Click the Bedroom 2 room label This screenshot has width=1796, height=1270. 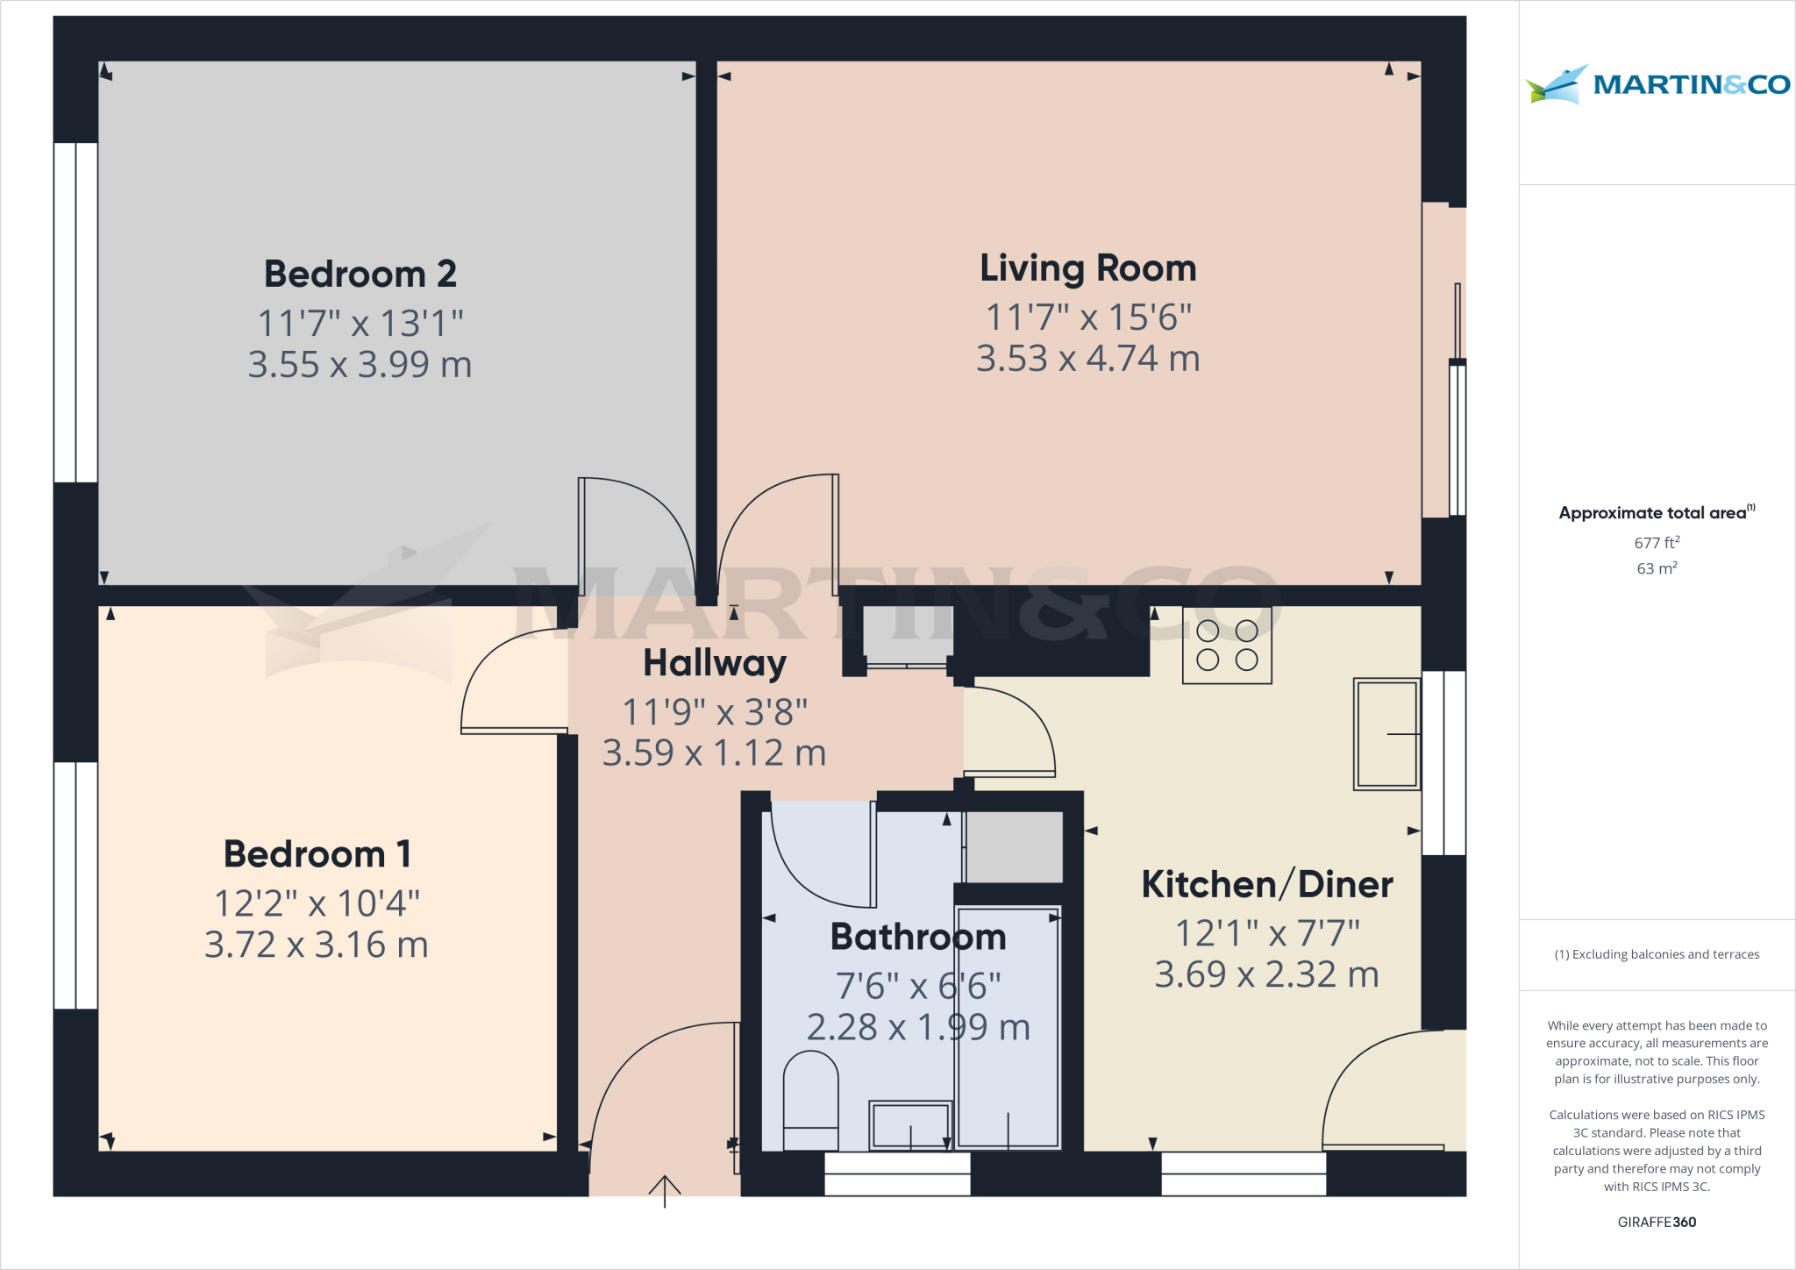360,274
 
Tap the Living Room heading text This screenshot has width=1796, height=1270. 1087,268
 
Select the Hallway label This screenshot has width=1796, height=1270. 715,663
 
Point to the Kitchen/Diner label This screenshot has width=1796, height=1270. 1267,884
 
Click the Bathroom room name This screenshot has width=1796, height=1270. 918,937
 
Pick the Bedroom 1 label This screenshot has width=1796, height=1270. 317,853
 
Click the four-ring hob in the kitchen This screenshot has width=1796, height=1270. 1227,646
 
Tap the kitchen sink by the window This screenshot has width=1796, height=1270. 1386,734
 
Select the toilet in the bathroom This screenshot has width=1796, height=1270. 810,1100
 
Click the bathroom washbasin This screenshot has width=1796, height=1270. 910,1124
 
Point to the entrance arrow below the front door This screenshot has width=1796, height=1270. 665,1191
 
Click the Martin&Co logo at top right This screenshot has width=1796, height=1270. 1657,84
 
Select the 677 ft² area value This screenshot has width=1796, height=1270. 1657,543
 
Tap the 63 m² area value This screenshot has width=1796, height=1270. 1657,568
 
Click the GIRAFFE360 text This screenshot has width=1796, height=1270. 1657,1222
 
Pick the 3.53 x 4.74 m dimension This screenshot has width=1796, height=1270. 1087,359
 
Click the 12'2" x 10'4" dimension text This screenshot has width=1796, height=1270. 317,903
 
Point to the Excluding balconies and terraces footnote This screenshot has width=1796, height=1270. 1657,954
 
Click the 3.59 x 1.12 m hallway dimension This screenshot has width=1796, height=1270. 715,753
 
